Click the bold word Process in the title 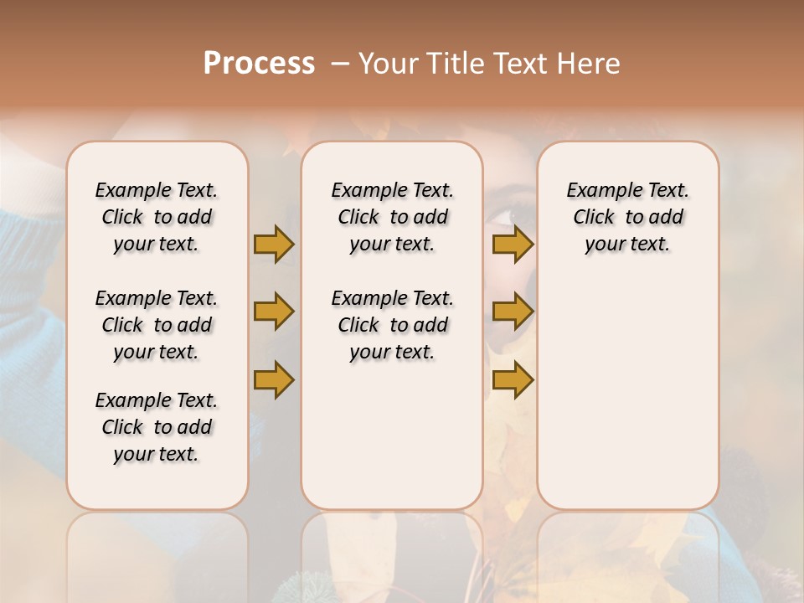[259, 64]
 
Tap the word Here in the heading [590, 64]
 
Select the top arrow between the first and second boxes [274, 244]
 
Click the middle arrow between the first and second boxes [274, 312]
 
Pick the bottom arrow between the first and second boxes [274, 379]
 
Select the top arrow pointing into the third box [513, 244]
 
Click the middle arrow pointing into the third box [513, 312]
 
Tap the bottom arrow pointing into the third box [513, 379]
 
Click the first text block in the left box [157, 217]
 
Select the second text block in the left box [157, 325]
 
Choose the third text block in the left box [157, 427]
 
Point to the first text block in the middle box [392, 217]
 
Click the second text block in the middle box [392, 325]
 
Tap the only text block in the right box [627, 217]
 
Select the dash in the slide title [339, 64]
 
